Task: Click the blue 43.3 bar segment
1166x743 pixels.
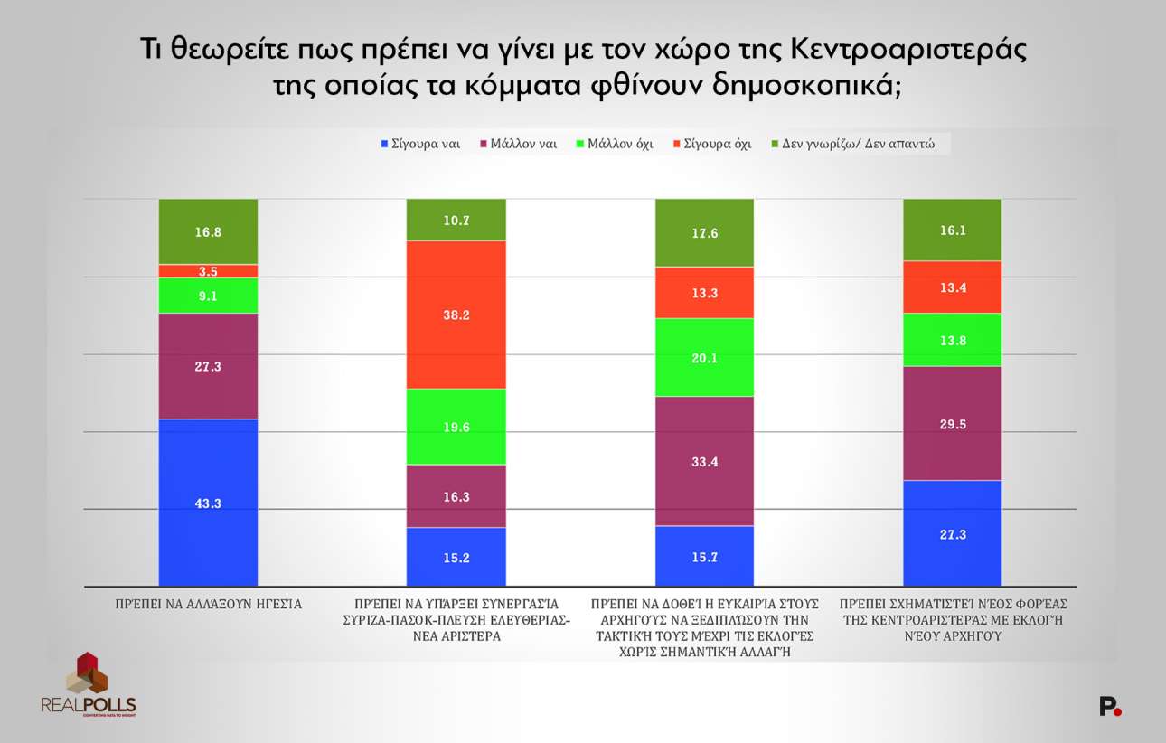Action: tap(208, 503)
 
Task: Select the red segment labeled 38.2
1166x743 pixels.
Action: tap(456, 315)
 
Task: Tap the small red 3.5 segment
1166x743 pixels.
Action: tap(208, 271)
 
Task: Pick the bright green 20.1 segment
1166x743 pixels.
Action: tap(703, 357)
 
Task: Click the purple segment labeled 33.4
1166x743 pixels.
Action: tap(703, 461)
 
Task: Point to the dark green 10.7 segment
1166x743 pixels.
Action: tap(456, 220)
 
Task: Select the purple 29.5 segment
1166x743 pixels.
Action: tap(952, 423)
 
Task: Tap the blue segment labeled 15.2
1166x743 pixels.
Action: tap(456, 557)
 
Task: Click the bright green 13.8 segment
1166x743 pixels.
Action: tap(952, 340)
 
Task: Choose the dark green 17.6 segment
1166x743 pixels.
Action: tap(703, 232)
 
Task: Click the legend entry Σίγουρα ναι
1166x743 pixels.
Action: tap(421, 144)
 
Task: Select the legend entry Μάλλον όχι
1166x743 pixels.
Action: tap(614, 144)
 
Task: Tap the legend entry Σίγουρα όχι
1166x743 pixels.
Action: tap(711, 144)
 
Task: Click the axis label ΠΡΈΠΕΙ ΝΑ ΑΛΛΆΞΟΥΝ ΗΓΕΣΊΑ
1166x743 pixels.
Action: tap(208, 603)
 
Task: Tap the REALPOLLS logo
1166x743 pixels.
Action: tap(88, 684)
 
